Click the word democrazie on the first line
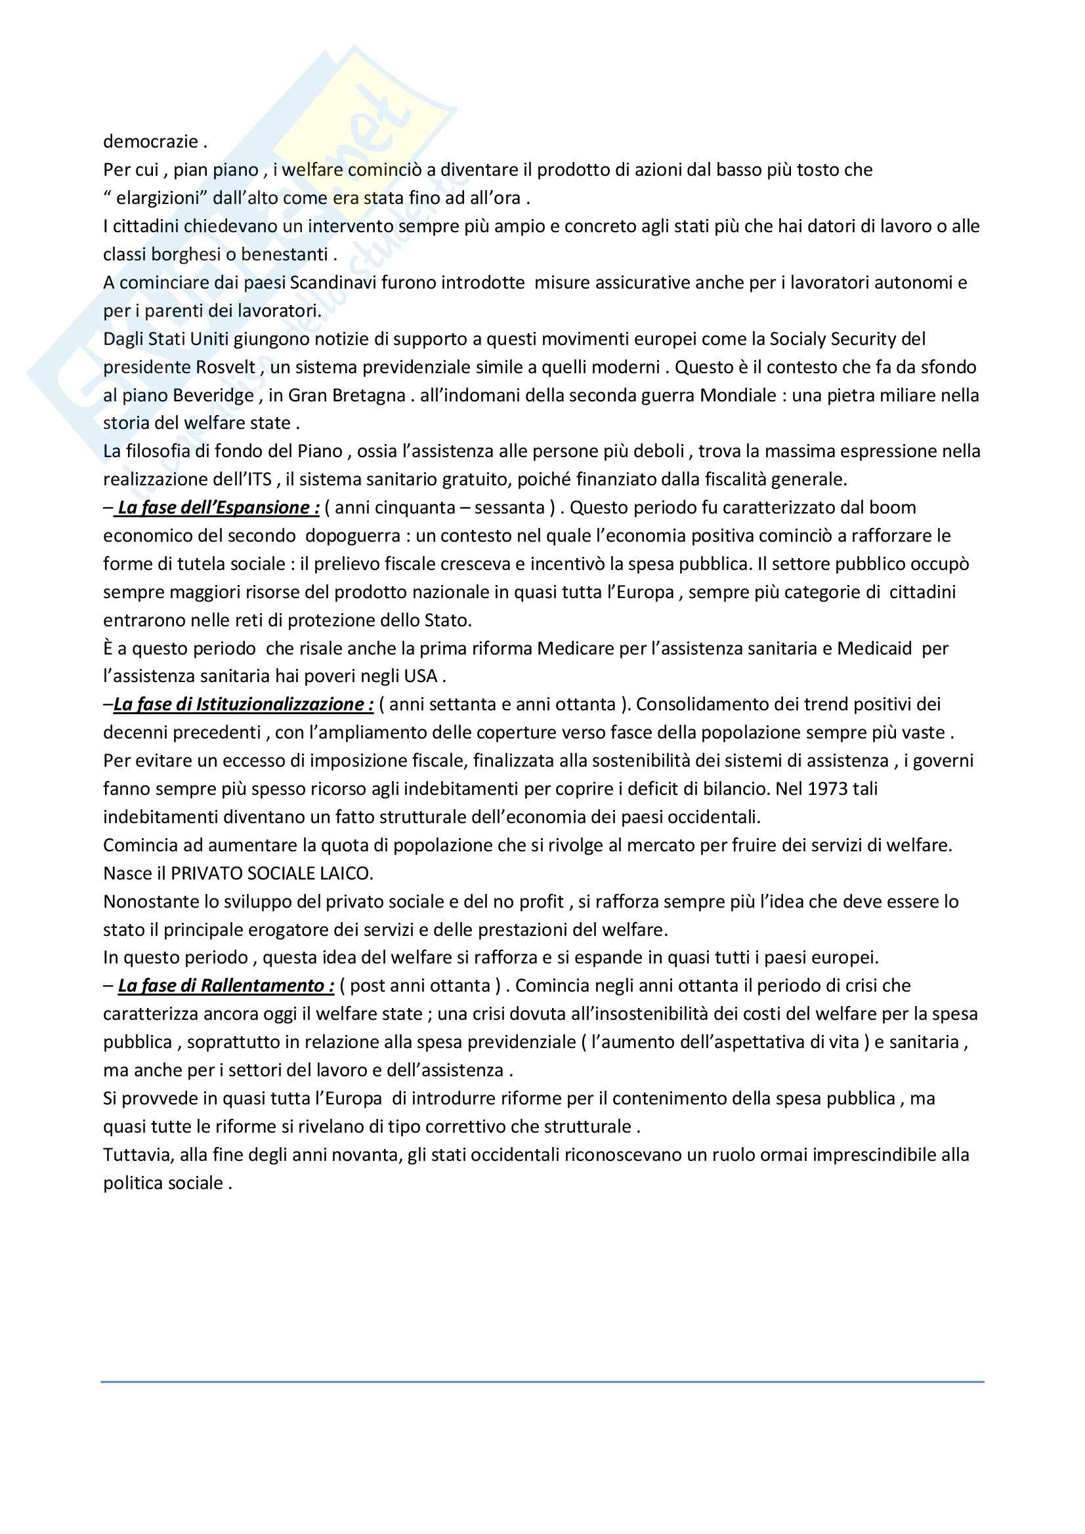[x=150, y=142]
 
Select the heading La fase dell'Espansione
[x=218, y=508]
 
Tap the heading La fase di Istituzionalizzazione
[x=244, y=704]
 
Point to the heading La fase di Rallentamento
[x=226, y=986]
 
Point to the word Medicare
[x=575, y=649]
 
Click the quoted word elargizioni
[x=157, y=199]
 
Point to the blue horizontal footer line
[x=542, y=1382]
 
